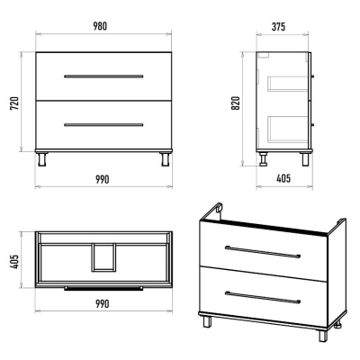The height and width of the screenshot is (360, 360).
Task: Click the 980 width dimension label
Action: (100, 26)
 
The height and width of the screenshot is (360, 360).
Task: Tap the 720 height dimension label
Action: (14, 103)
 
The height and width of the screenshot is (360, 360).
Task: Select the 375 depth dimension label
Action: (278, 27)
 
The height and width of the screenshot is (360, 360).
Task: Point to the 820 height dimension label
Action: (236, 103)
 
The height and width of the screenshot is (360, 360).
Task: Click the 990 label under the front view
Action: (103, 179)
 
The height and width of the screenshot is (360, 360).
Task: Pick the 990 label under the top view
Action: (103, 304)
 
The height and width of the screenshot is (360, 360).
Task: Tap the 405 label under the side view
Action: (283, 178)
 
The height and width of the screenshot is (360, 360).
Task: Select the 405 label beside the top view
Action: (14, 262)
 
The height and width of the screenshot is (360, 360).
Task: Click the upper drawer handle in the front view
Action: (103, 76)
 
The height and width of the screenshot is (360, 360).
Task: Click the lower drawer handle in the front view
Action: (103, 125)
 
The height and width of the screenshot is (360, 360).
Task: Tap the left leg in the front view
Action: (42, 159)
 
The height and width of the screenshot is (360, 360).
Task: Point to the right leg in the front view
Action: (165, 159)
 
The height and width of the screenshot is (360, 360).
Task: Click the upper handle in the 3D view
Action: (263, 252)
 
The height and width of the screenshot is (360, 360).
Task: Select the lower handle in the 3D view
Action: (263, 297)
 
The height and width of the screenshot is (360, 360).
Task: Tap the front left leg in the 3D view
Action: (207, 321)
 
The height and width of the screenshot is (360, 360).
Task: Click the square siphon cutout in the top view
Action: (103, 257)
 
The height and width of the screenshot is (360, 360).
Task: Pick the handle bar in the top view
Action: (103, 288)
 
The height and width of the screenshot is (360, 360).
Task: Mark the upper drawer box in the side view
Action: (288, 83)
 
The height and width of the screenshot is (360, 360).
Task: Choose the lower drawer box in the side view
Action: (288, 129)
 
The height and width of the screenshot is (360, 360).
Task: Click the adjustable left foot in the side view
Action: (264, 159)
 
